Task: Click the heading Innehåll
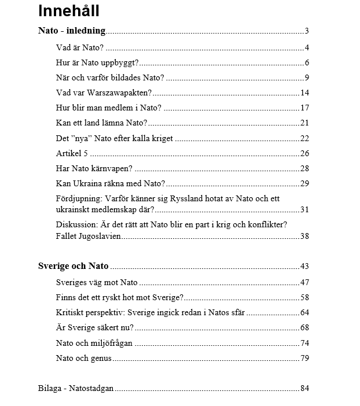coord(69,11)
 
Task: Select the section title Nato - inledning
coord(72,31)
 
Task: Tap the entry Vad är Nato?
coord(79,47)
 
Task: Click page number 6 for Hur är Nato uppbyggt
coord(307,62)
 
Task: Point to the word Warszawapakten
coord(121,93)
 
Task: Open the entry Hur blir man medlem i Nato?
coord(109,108)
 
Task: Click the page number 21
coord(304,123)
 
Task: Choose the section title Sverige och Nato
coord(73,267)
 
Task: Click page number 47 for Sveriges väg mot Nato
coord(304,282)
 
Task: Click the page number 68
coord(304,328)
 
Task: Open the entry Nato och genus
coord(84,358)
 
